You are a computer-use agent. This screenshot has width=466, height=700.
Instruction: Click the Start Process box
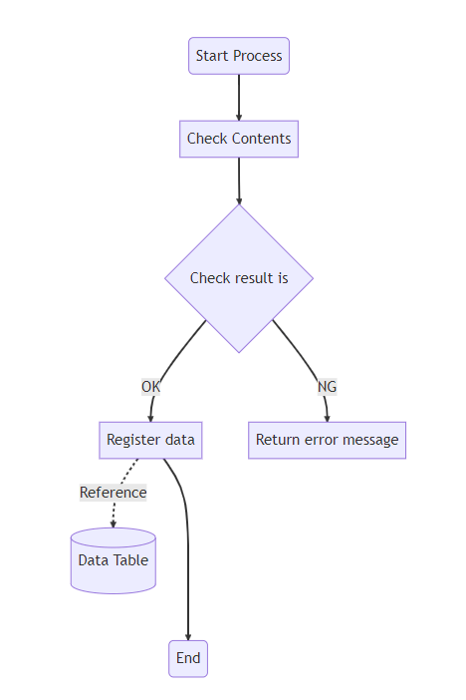pyautogui.click(x=239, y=56)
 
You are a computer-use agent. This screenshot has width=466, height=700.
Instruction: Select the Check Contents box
pyautogui.click(x=239, y=139)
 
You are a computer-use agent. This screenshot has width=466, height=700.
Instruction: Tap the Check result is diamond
pyautogui.click(x=239, y=278)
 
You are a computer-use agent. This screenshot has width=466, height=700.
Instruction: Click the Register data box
pyautogui.click(x=150, y=440)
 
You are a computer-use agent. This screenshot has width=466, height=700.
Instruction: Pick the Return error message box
pyautogui.click(x=327, y=440)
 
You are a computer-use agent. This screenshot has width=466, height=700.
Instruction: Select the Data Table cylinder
pyautogui.click(x=114, y=560)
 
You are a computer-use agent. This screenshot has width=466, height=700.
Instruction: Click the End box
pyautogui.click(x=188, y=658)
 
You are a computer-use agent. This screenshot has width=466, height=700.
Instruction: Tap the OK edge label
pyautogui.click(x=150, y=387)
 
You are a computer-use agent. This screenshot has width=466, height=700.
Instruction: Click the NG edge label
pyautogui.click(x=327, y=387)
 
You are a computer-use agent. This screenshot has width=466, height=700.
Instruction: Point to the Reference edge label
pyautogui.click(x=114, y=493)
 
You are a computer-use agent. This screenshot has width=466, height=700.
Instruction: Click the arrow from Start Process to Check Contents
pyautogui.click(x=239, y=98)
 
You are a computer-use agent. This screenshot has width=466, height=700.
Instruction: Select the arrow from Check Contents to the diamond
pyautogui.click(x=239, y=180)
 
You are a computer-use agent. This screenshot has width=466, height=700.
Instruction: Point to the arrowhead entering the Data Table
pyautogui.click(x=114, y=525)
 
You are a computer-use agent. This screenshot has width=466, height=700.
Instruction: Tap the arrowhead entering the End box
pyautogui.click(x=188, y=637)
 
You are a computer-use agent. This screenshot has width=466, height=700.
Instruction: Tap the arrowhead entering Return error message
pyautogui.click(x=328, y=418)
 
